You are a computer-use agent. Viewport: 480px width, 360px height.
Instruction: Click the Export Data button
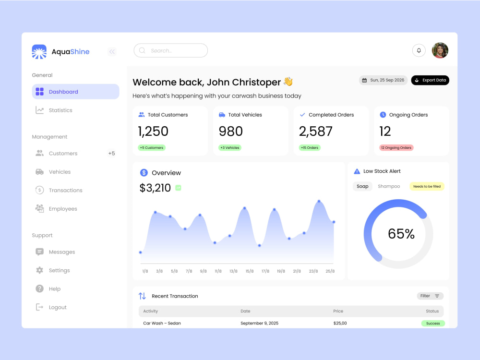pyautogui.click(x=430, y=80)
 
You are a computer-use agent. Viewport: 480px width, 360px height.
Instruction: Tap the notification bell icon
pyautogui.click(x=419, y=50)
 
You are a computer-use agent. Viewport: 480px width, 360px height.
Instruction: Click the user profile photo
pyautogui.click(x=440, y=50)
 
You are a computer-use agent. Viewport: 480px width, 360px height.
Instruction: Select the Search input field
pyautogui.click(x=171, y=50)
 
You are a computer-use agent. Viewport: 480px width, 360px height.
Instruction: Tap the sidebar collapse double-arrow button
pyautogui.click(x=112, y=52)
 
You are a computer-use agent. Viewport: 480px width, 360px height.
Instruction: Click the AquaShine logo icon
pyautogui.click(x=39, y=52)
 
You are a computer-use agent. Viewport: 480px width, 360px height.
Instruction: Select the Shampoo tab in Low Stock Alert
pyautogui.click(x=389, y=186)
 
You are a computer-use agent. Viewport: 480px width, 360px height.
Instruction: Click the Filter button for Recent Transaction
pyautogui.click(x=430, y=296)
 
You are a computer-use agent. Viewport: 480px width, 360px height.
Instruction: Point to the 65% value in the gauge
pyautogui.click(x=401, y=234)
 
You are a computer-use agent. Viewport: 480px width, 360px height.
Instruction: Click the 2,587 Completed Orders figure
pyautogui.click(x=316, y=132)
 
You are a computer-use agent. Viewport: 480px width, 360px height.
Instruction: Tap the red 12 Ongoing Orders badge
pyautogui.click(x=396, y=148)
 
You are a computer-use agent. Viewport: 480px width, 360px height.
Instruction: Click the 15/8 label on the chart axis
pyautogui.click(x=250, y=271)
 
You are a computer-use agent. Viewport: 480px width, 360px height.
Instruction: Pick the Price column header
pyautogui.click(x=338, y=311)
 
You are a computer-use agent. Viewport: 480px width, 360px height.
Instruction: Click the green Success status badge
pyautogui.click(x=433, y=323)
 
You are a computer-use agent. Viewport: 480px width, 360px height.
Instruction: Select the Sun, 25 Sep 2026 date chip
pyautogui.click(x=383, y=80)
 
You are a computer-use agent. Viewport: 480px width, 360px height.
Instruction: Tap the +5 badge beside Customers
pyautogui.click(x=111, y=154)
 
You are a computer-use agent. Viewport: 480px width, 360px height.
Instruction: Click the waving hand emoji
pyautogui.click(x=288, y=82)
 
